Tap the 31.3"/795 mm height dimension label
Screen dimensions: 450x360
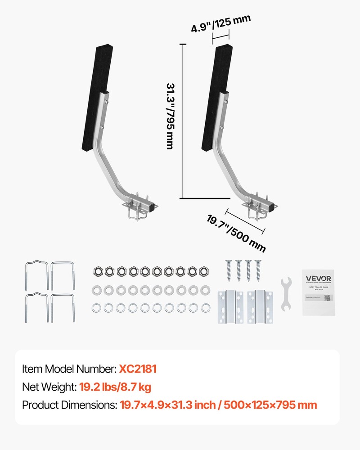(171, 116)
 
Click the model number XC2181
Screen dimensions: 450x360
(138, 369)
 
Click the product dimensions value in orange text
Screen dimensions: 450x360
(218, 405)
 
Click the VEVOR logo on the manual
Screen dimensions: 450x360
(319, 279)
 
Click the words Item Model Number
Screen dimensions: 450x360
(69, 369)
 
